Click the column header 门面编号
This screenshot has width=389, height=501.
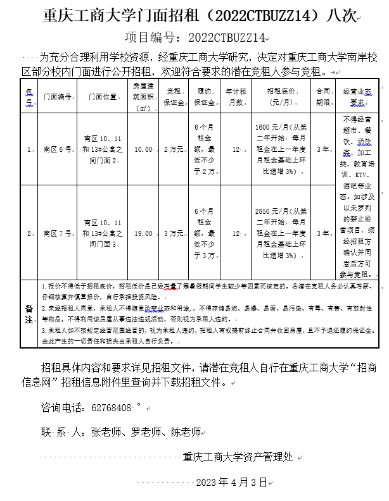(x=57, y=97)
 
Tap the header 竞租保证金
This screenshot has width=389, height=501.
(x=174, y=97)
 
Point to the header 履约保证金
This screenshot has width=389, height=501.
(x=205, y=97)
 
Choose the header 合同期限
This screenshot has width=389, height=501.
(x=323, y=97)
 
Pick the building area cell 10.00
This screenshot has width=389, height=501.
(x=143, y=150)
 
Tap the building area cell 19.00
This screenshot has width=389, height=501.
(x=143, y=233)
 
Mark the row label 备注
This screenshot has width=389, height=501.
(x=29, y=313)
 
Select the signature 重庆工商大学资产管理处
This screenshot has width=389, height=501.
(x=238, y=455)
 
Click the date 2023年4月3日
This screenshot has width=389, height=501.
(x=232, y=482)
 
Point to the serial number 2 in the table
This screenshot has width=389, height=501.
(x=29, y=233)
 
